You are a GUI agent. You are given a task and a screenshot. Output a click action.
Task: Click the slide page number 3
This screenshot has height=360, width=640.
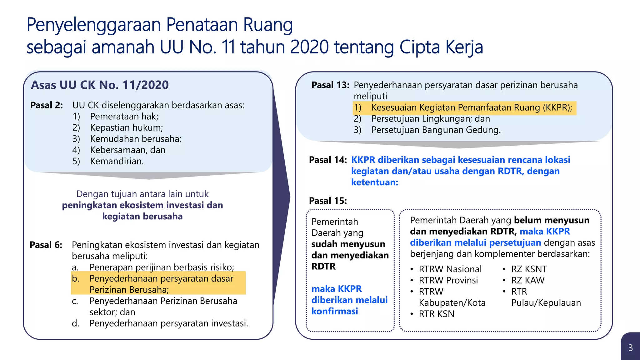click(x=630, y=348)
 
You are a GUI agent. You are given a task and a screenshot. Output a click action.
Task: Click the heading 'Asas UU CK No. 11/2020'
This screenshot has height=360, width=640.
click(x=100, y=85)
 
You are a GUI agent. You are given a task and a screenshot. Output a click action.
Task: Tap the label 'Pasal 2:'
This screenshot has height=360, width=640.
click(x=47, y=105)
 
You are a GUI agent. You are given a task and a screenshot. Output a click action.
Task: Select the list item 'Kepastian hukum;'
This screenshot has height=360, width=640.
click(x=126, y=127)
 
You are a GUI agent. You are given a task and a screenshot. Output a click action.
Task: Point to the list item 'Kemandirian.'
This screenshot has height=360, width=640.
click(x=117, y=161)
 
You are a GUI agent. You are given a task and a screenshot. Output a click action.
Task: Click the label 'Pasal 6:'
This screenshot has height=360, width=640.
click(x=46, y=245)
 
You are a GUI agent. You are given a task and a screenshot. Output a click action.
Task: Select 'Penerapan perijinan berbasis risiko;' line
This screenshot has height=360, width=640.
click(x=162, y=267)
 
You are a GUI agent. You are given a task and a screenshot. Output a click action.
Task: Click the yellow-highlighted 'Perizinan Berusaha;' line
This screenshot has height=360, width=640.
click(x=129, y=290)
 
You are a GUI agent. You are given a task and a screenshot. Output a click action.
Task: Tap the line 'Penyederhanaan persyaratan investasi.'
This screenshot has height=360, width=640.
click(x=169, y=323)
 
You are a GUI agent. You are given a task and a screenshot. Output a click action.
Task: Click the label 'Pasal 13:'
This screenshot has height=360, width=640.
click(x=330, y=85)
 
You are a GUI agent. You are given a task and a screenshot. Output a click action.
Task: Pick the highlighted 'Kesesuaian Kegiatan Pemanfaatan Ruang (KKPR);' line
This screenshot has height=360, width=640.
click(x=472, y=107)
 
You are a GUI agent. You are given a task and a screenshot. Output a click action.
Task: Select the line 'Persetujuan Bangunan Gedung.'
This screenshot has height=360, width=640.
click(x=436, y=130)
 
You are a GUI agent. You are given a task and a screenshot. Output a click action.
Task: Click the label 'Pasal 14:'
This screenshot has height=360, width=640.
click(x=328, y=160)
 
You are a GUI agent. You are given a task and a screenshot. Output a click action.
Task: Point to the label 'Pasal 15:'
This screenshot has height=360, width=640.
click(x=328, y=201)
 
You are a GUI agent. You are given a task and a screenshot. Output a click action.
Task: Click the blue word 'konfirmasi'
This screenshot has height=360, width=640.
click(x=335, y=311)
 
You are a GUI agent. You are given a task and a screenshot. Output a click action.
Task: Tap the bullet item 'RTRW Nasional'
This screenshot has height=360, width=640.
click(x=450, y=269)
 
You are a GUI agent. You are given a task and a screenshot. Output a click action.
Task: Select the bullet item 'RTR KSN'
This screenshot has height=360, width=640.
click(x=437, y=314)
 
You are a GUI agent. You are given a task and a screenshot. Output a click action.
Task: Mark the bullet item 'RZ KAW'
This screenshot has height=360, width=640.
click(x=528, y=280)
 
